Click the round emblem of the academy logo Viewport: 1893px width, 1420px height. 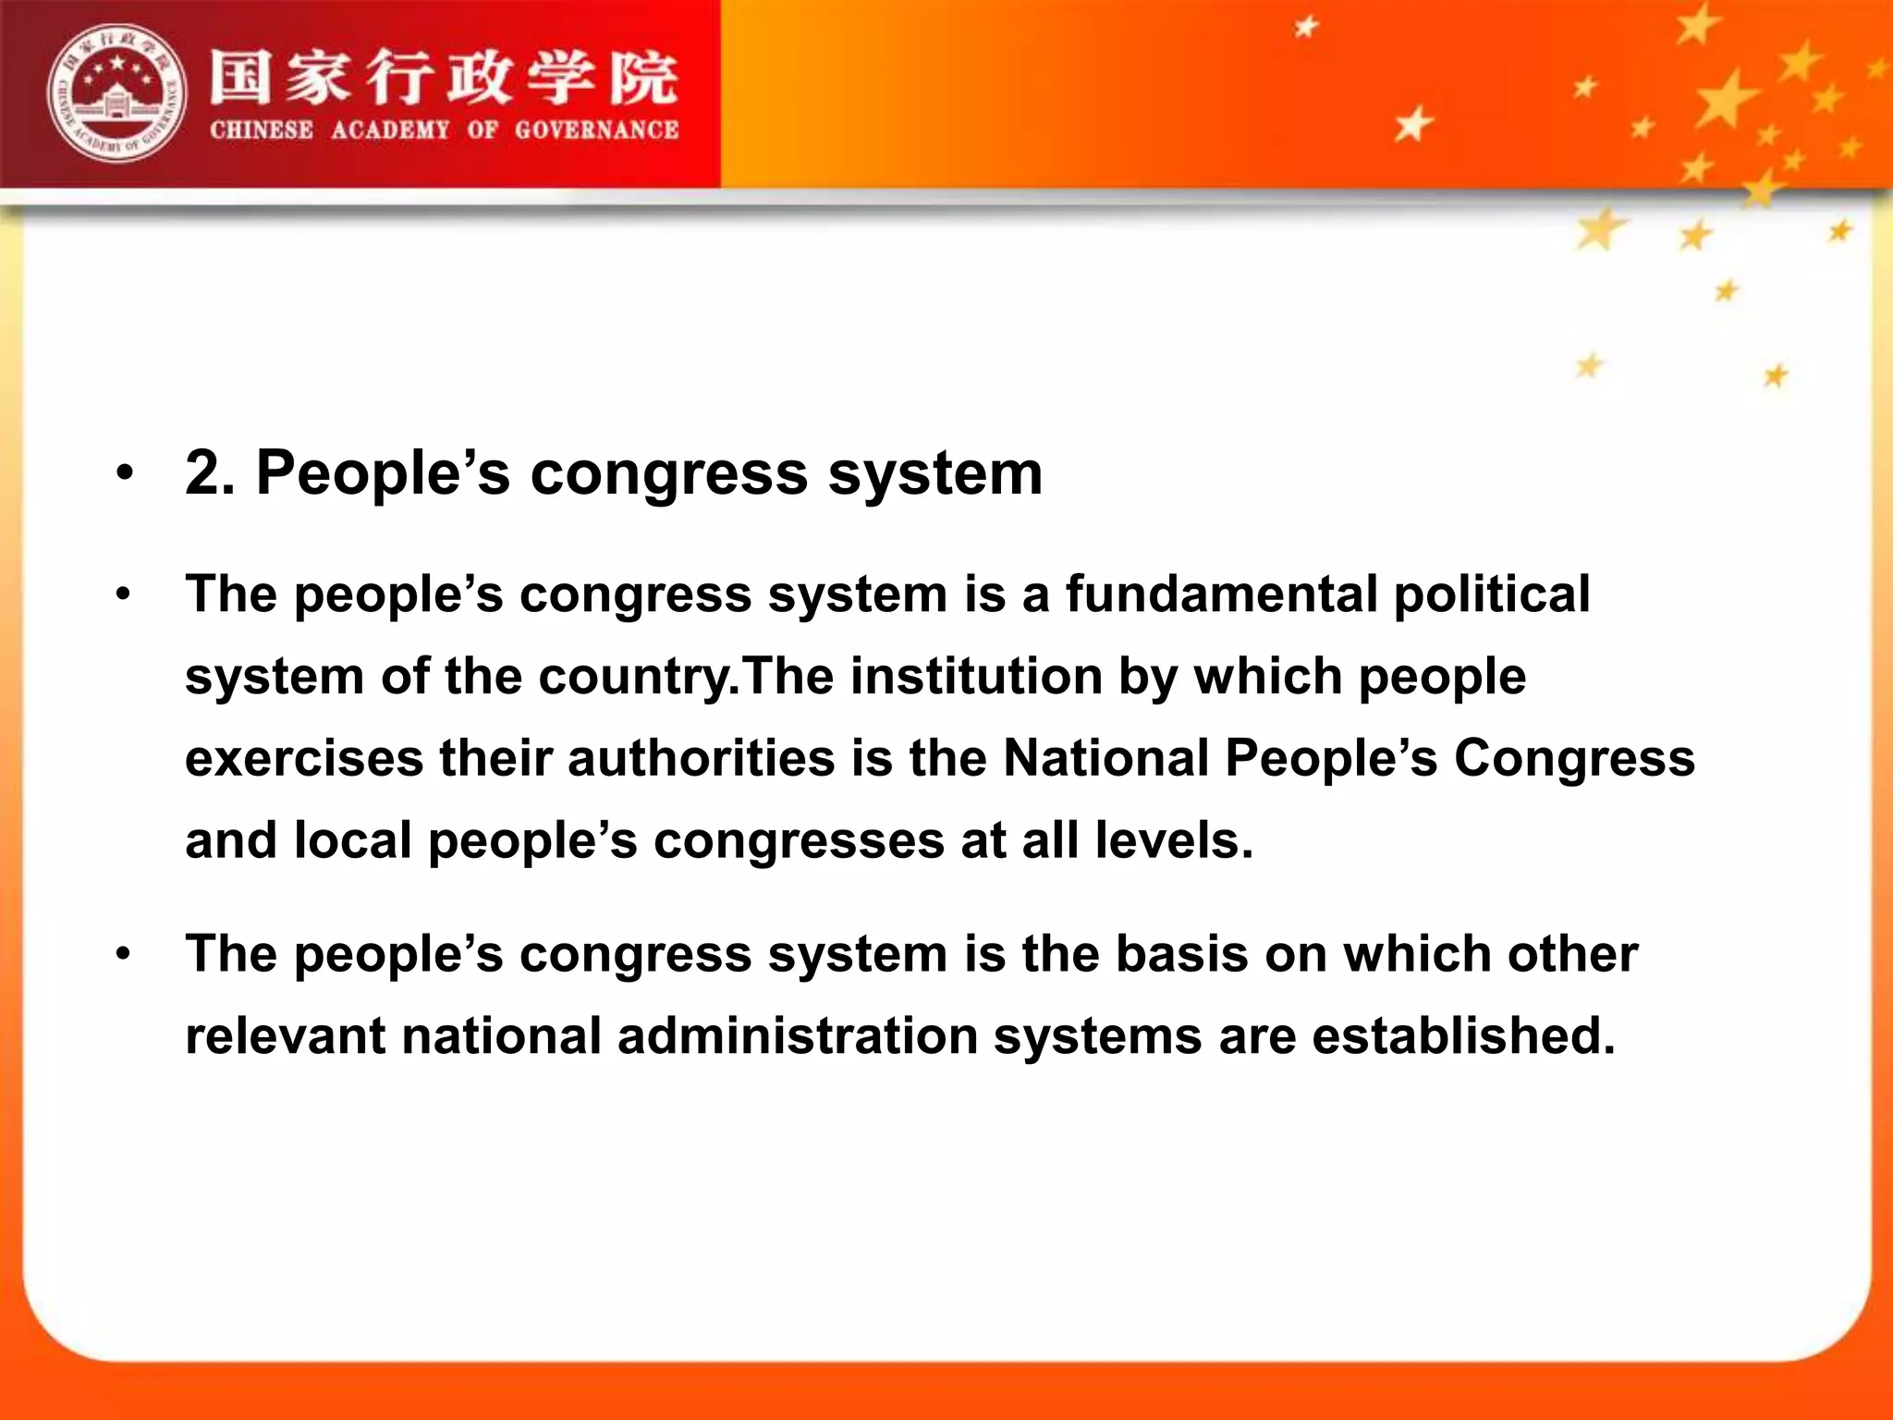(x=116, y=92)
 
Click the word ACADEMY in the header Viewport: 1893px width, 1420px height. (x=390, y=130)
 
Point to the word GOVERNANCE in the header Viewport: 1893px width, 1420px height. (x=596, y=130)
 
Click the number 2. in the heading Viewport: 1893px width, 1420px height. (x=210, y=472)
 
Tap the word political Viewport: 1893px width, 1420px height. (x=1492, y=595)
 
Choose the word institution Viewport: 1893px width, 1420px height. (x=976, y=676)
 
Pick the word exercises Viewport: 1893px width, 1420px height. (x=304, y=758)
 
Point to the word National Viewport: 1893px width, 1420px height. (x=1105, y=758)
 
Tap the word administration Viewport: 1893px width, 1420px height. (x=798, y=1035)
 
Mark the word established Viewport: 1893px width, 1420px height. (x=1463, y=1035)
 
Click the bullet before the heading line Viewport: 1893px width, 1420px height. (x=125, y=474)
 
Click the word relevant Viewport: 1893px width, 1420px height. (x=285, y=1035)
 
